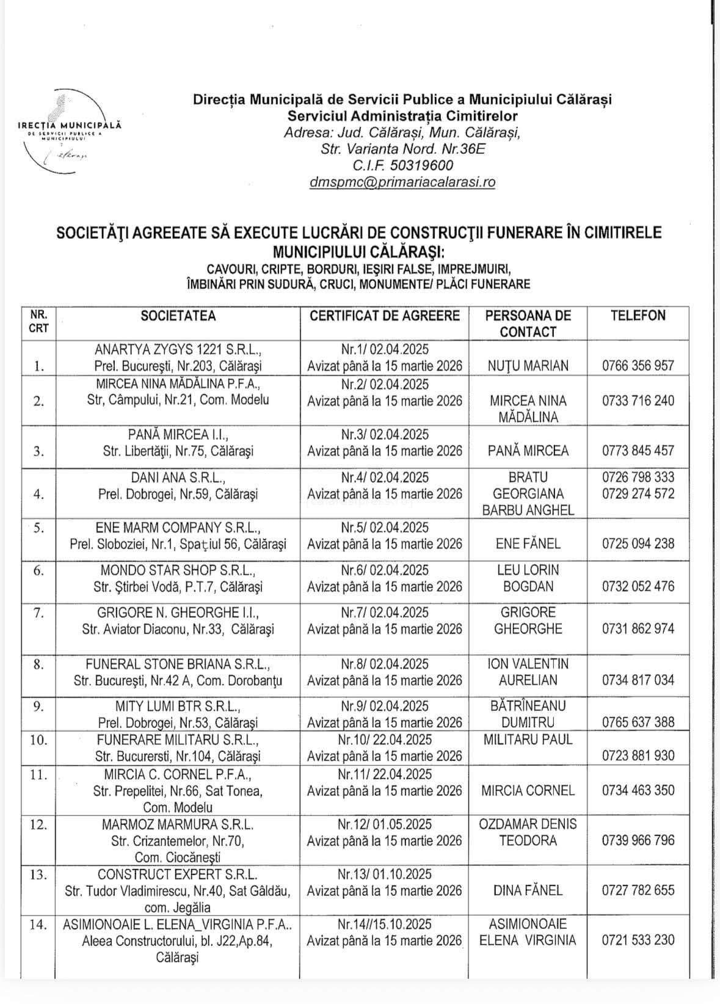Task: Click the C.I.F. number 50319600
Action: [x=421, y=165]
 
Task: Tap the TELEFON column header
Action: [x=638, y=316]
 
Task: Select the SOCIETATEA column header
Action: [x=178, y=316]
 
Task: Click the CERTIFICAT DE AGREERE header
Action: [x=385, y=316]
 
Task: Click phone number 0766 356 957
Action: [x=638, y=366]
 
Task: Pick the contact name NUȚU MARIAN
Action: [x=528, y=366]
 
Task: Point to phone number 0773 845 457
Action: [x=638, y=451]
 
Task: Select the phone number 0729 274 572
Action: [x=638, y=493]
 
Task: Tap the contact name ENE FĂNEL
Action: [x=528, y=544]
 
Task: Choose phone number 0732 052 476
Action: [x=638, y=586]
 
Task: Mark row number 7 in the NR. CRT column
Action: [x=38, y=613]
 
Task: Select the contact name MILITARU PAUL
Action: [x=528, y=740]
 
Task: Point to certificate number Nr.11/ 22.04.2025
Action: [x=385, y=774]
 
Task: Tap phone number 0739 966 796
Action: [x=638, y=840]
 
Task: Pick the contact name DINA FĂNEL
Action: [x=528, y=890]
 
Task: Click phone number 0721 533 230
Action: [x=638, y=940]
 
